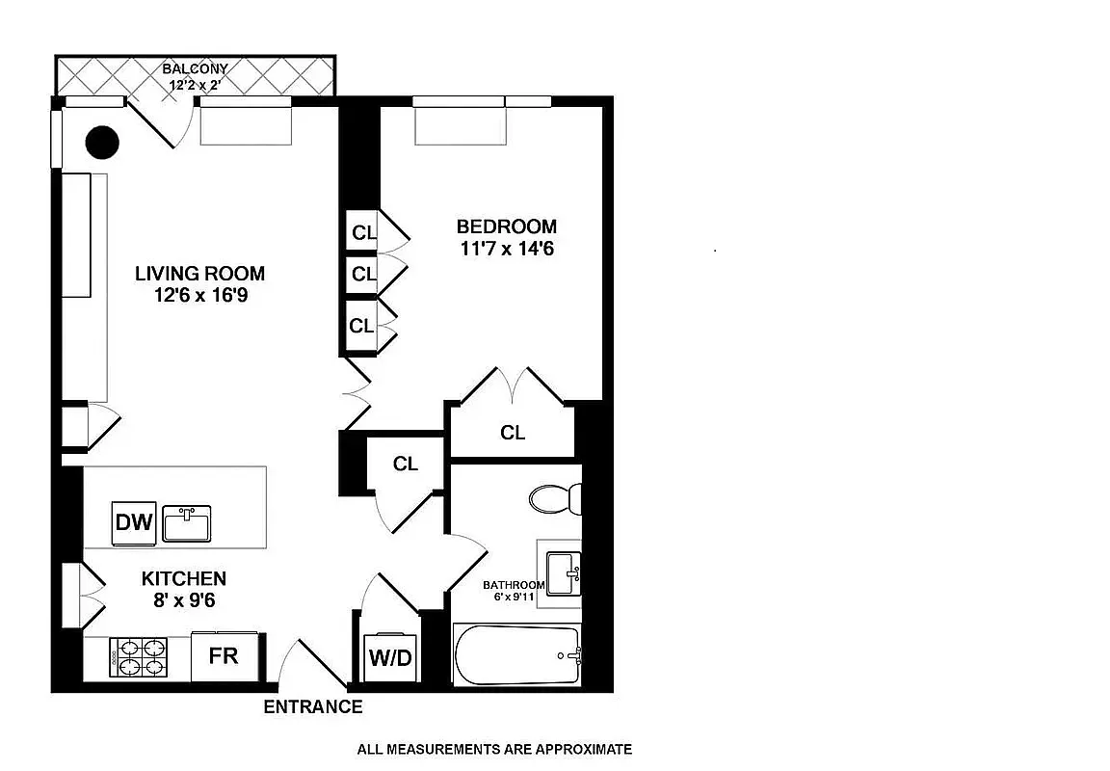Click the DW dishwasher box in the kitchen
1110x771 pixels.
coord(134,523)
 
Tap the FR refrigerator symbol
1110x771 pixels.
coord(224,656)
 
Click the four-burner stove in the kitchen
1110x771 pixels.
coord(138,659)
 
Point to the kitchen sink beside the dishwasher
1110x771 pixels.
coord(187,524)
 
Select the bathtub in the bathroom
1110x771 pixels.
coord(516,655)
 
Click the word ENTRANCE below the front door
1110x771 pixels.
coord(313,707)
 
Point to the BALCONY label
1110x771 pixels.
coord(195,69)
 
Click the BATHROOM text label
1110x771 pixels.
coord(514,585)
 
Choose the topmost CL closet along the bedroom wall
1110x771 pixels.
coord(363,232)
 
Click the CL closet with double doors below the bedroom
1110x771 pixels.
coord(513,433)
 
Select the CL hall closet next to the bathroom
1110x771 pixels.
coord(406,464)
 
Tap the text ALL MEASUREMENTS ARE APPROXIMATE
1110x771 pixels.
coord(494,749)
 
